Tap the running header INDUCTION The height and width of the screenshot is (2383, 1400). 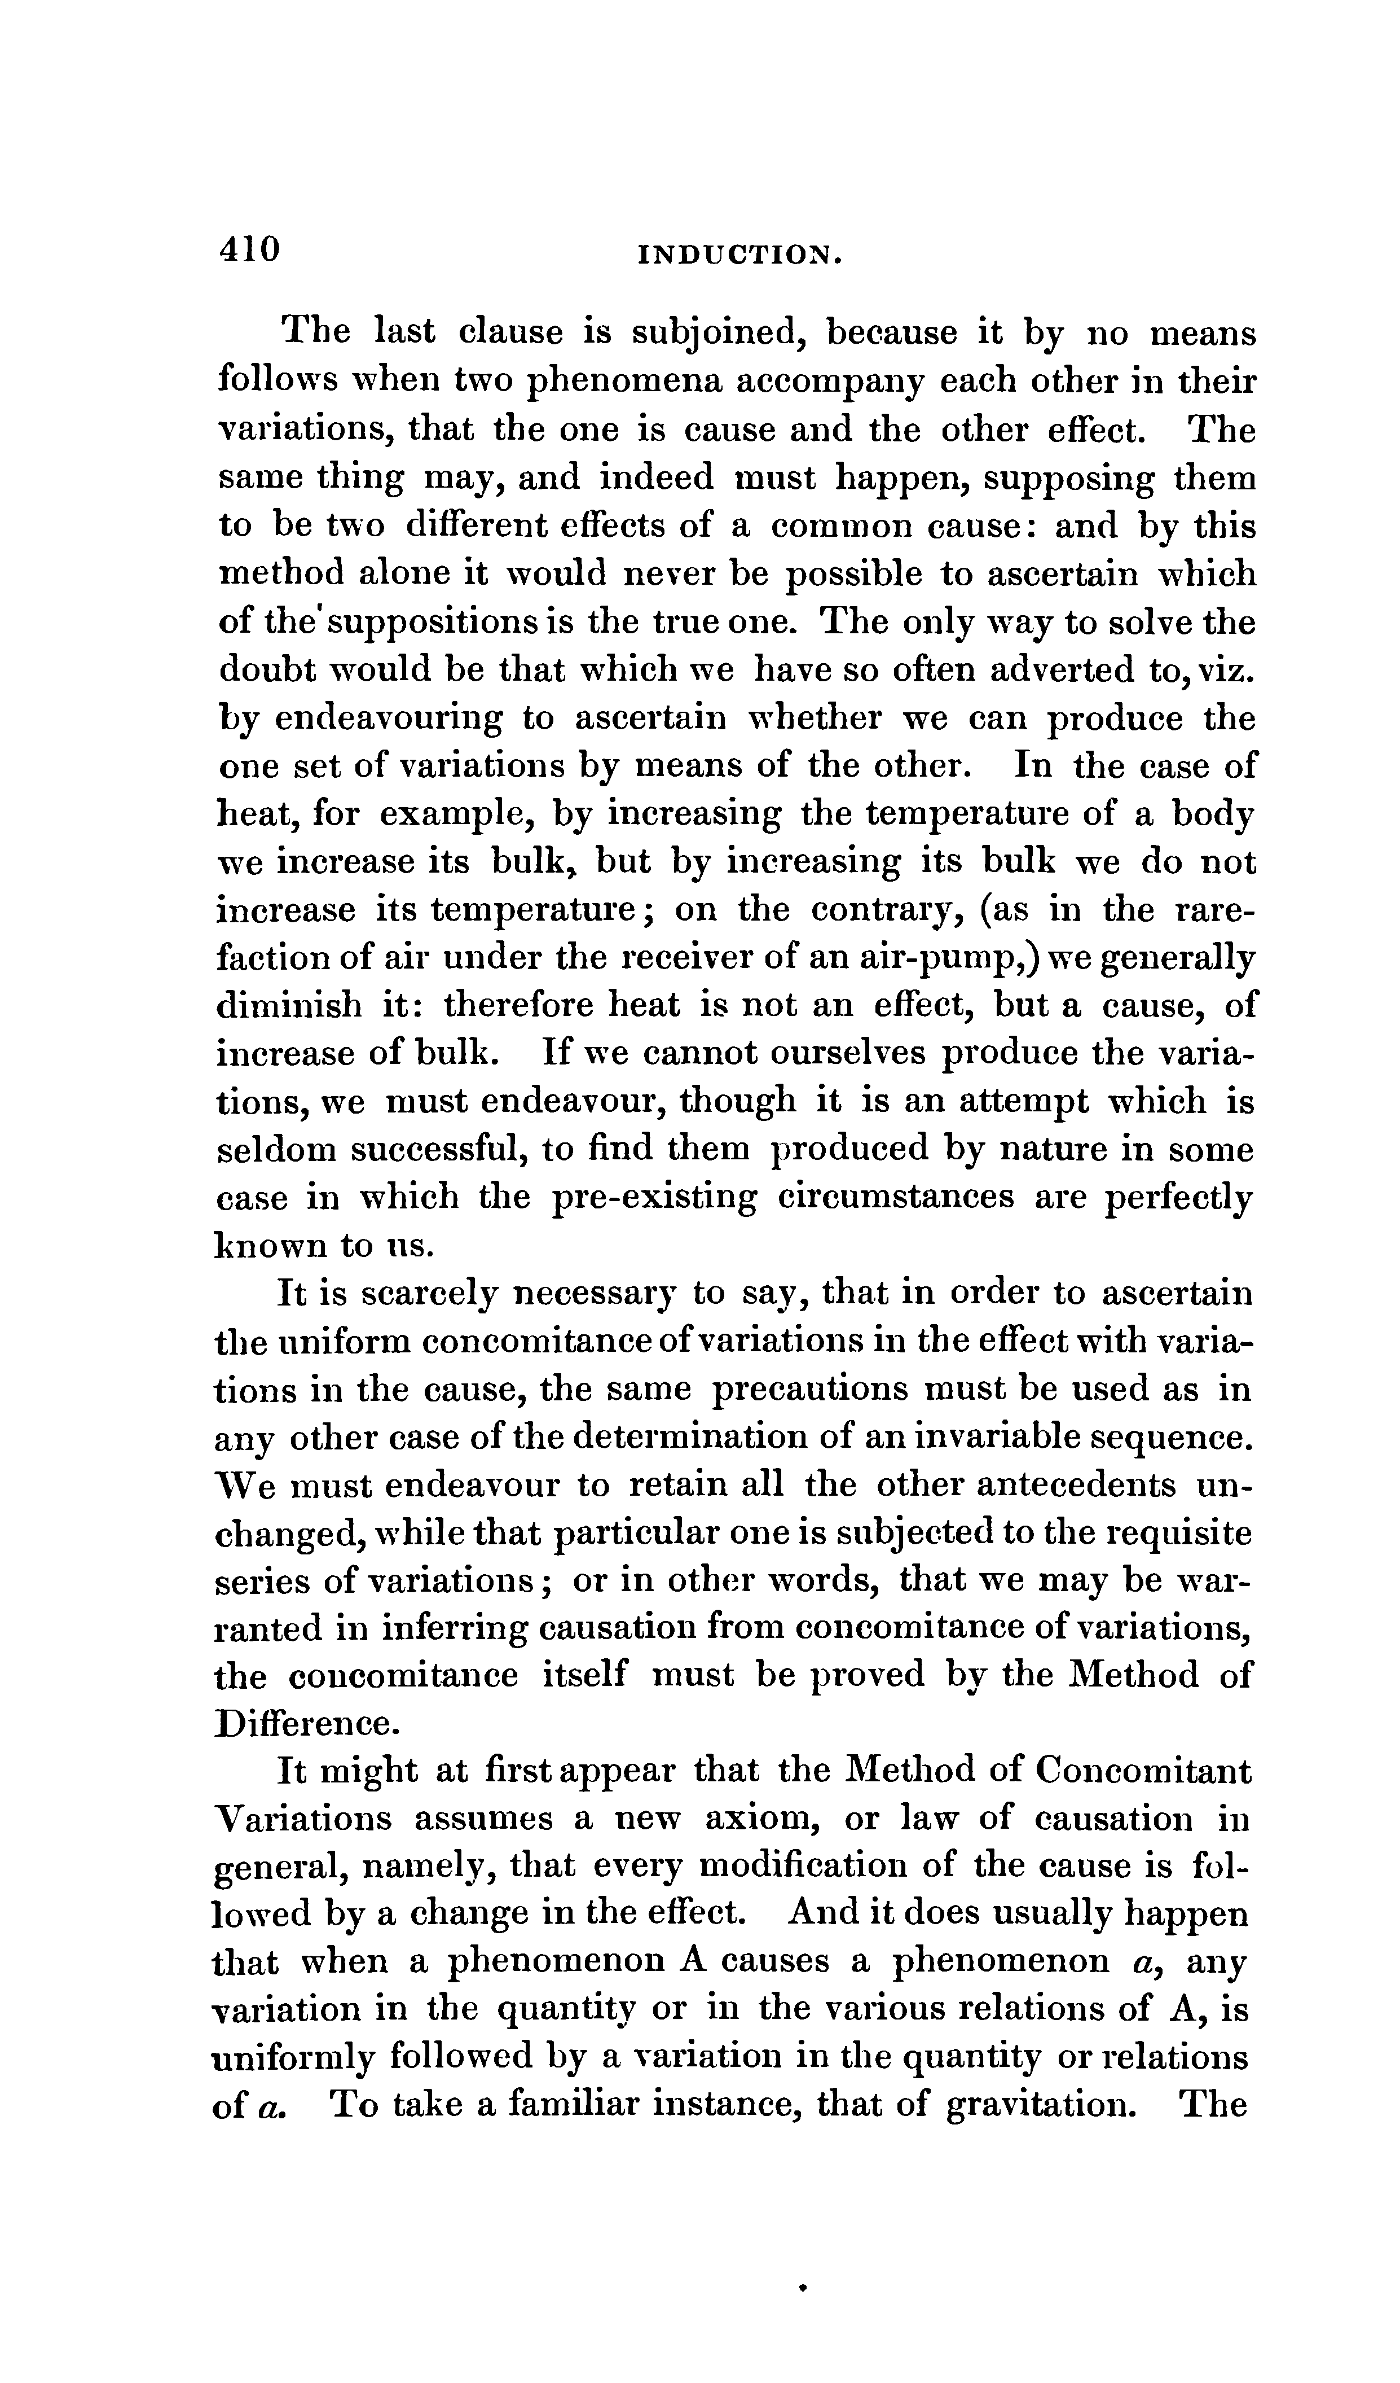739,255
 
